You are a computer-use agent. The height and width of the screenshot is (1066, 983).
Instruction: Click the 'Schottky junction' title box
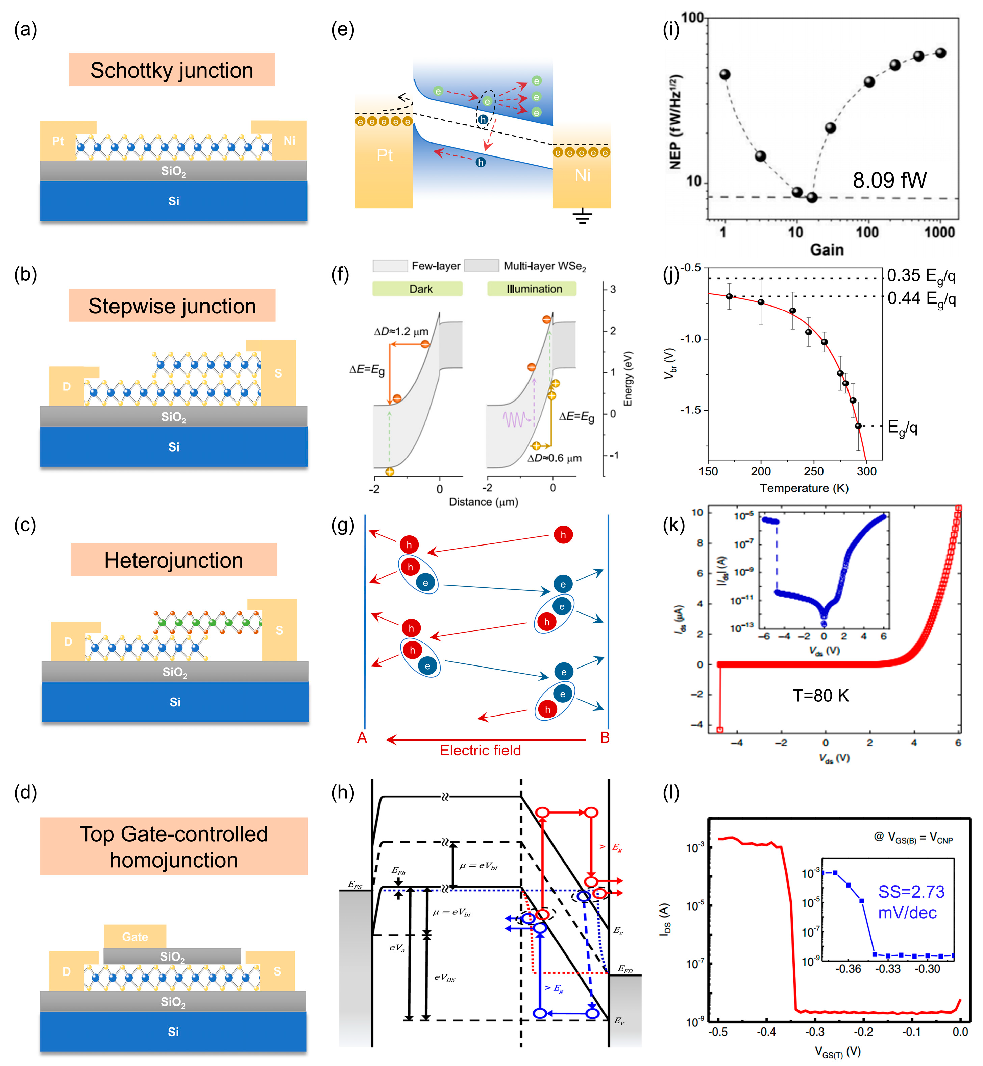click(171, 70)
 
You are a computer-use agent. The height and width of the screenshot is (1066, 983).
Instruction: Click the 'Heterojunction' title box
click(173, 560)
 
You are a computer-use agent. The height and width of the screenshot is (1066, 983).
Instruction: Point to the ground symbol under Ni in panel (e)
click(583, 216)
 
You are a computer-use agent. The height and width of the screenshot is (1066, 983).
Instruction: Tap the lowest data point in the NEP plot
click(812, 197)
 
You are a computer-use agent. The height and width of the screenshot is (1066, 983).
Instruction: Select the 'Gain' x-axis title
click(826, 249)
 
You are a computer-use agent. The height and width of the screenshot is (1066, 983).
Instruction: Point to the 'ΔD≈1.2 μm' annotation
click(400, 332)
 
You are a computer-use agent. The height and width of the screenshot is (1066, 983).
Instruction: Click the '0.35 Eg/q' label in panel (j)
click(921, 275)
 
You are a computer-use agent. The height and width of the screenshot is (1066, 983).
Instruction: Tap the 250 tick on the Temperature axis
click(813, 471)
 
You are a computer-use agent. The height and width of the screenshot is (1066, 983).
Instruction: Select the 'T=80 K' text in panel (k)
click(821, 695)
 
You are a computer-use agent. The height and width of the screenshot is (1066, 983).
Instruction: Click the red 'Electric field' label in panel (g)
click(480, 750)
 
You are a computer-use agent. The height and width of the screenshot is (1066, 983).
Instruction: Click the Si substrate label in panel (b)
click(173, 447)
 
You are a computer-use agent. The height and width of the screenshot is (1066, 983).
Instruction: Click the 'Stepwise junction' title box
click(172, 306)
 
